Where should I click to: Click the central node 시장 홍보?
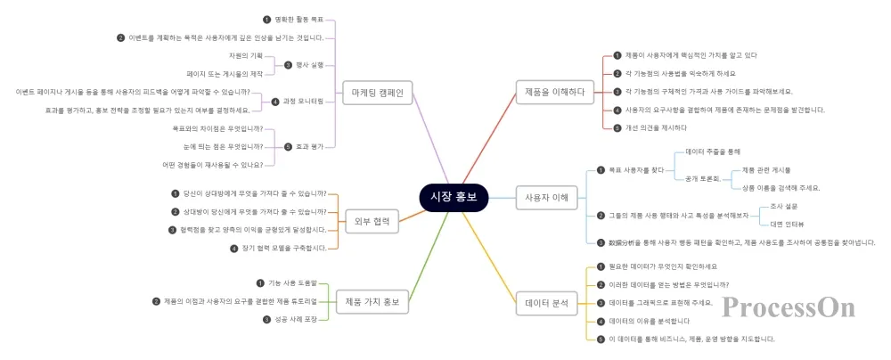click(x=454, y=197)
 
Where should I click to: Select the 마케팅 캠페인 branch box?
click(x=379, y=92)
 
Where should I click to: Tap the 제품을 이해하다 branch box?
click(x=554, y=91)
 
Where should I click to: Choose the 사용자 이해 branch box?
click(x=547, y=197)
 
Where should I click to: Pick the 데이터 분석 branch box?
click(x=547, y=303)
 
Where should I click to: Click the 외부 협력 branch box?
click(x=372, y=221)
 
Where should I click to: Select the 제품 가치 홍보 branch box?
click(x=372, y=302)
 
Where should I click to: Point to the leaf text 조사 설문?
click(x=785, y=206)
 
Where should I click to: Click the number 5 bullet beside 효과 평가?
click(x=287, y=146)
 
